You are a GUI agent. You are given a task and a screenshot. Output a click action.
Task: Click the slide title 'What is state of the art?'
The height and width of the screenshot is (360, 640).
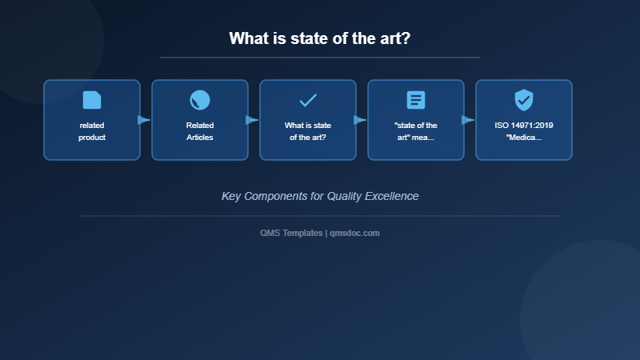[x=320, y=38]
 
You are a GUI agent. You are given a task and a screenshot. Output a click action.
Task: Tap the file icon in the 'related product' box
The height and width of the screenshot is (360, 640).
[x=92, y=100]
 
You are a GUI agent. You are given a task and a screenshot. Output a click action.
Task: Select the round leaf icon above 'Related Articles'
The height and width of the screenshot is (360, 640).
[x=200, y=100]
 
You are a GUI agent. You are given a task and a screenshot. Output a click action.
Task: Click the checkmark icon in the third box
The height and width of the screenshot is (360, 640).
[x=308, y=100]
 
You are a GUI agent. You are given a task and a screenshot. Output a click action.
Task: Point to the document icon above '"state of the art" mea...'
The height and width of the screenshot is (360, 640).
[x=416, y=100]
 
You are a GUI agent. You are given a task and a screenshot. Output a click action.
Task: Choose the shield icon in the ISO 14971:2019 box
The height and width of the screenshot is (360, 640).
[x=524, y=100]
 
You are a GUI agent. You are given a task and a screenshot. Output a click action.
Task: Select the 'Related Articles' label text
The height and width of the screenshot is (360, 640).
[x=200, y=131]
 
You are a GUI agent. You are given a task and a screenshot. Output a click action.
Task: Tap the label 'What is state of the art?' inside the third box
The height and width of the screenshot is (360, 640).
[x=308, y=131]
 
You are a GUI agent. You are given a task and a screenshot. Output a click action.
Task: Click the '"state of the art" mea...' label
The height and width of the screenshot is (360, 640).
[x=416, y=131]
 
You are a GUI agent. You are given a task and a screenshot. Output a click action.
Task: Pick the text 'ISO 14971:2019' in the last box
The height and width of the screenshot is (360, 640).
[x=524, y=126]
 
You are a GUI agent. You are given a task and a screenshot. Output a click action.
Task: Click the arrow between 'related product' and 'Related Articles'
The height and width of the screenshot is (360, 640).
[x=144, y=120]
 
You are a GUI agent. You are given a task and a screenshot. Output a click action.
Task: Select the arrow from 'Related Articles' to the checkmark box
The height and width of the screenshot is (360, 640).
[x=252, y=120]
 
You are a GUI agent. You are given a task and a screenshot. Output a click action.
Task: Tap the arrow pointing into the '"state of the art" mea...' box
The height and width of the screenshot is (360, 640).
[x=360, y=120]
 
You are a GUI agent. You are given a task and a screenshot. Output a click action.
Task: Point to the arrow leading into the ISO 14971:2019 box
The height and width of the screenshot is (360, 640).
[x=468, y=120]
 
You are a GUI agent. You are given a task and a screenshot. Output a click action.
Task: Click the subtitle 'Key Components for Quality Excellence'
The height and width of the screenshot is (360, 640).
[x=320, y=196]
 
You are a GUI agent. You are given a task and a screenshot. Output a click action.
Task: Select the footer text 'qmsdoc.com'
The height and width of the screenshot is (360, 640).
[x=354, y=233]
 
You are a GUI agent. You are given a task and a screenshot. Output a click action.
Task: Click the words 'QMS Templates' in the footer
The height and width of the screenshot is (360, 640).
[x=291, y=233]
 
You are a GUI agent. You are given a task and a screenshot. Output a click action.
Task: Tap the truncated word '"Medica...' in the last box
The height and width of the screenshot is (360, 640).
[x=524, y=138]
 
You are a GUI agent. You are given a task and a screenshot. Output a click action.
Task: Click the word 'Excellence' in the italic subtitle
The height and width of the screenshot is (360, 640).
[x=391, y=196]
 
